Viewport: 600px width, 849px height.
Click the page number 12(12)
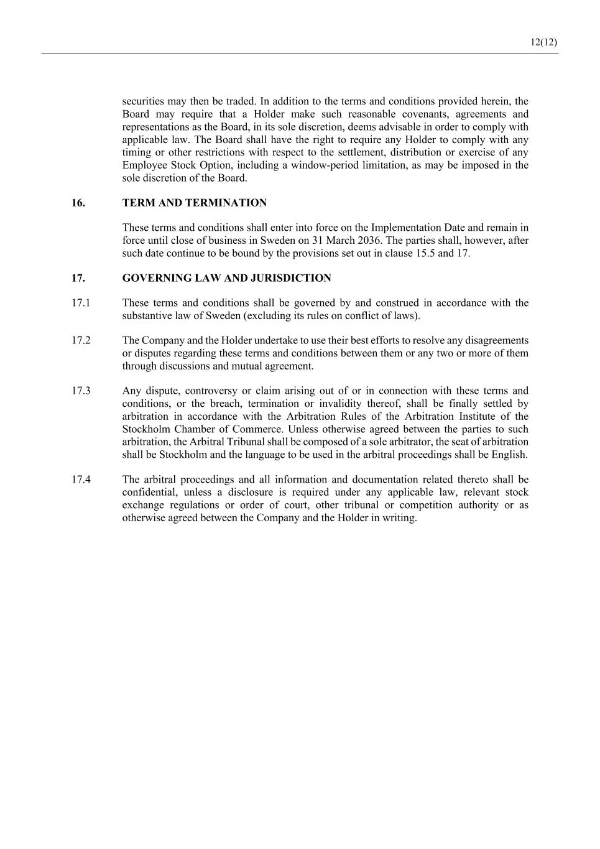click(x=543, y=42)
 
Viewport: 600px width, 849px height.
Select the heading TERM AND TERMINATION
click(x=195, y=203)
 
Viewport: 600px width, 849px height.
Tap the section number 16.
click(x=78, y=203)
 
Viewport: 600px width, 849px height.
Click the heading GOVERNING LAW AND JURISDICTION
click(x=226, y=278)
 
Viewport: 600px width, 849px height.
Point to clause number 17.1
click(x=81, y=303)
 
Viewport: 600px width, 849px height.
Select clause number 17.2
click(x=81, y=340)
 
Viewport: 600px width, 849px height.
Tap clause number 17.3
click(x=81, y=391)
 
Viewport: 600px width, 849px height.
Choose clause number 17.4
click(x=81, y=480)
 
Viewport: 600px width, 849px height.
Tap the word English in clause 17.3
click(x=509, y=454)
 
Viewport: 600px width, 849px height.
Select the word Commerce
click(x=257, y=429)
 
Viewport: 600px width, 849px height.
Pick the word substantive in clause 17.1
click(x=148, y=315)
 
